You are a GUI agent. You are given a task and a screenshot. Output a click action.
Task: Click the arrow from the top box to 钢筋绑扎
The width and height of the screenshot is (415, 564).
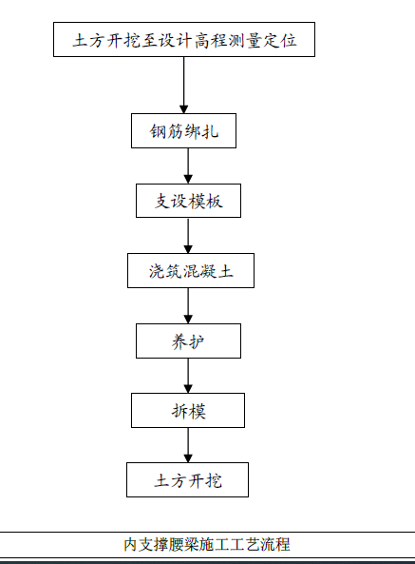point(184,86)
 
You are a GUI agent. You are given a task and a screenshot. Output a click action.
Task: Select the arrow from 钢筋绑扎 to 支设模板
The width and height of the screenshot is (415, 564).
point(188,165)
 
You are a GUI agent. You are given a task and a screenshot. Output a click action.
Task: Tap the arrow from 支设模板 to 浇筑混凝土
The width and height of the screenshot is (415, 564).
point(188,236)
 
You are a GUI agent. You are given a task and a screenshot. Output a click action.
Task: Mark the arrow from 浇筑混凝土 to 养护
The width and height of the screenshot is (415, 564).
point(188,305)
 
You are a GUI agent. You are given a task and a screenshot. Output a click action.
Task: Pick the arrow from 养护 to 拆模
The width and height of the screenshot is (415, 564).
point(188,376)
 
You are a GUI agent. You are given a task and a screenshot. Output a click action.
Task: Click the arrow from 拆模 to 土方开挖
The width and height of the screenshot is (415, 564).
point(188,445)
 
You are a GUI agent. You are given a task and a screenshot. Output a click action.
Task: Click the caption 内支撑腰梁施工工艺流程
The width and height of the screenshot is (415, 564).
point(207,544)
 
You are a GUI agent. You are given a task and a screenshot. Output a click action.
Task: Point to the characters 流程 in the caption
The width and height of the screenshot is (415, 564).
point(275,544)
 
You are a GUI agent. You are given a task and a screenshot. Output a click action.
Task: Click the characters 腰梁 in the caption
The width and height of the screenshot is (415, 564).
point(184,544)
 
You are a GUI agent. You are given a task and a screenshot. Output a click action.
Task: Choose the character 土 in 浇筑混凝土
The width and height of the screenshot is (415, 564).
point(226,271)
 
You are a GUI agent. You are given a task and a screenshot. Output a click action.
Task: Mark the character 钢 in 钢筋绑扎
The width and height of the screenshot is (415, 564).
point(158,131)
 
